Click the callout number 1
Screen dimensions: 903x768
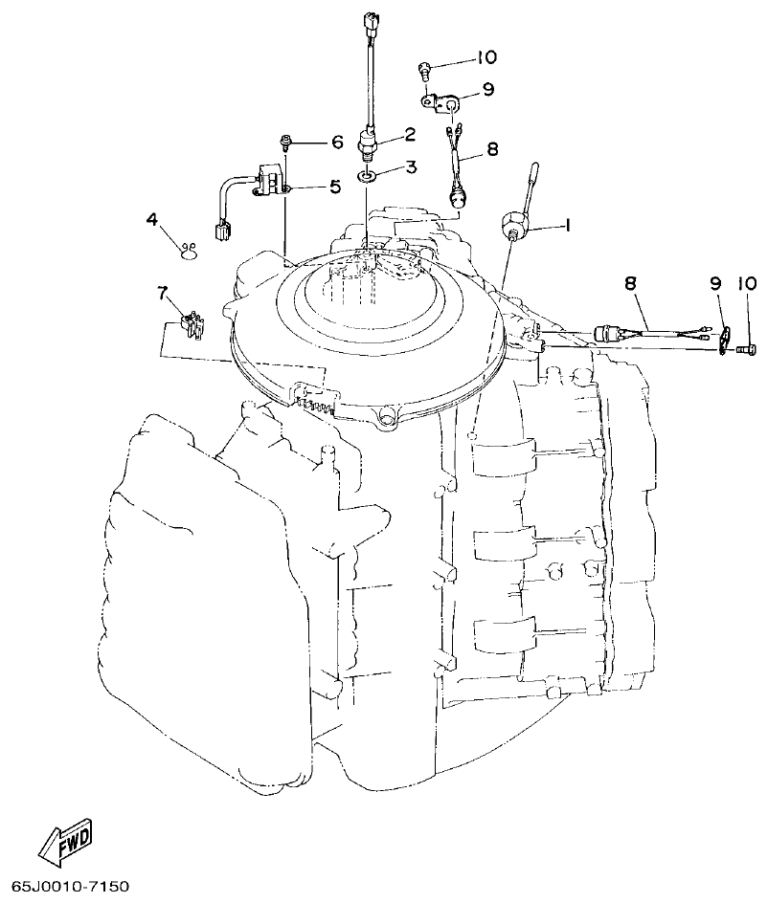click(566, 226)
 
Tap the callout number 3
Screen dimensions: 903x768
click(410, 167)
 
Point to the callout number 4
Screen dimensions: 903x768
click(151, 219)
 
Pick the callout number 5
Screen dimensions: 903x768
click(334, 187)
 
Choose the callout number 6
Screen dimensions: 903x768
click(336, 143)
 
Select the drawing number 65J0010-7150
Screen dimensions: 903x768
click(71, 889)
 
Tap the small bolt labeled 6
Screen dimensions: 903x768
click(286, 143)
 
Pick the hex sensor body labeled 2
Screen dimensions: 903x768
click(368, 143)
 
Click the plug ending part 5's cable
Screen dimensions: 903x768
click(223, 231)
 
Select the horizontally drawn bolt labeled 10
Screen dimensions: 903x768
click(746, 349)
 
